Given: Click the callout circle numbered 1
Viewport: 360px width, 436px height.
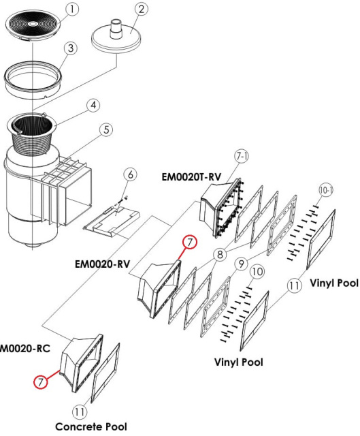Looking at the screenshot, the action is pyautogui.click(x=72, y=10).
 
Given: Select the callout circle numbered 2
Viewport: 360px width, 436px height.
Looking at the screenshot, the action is pyautogui.click(x=142, y=10).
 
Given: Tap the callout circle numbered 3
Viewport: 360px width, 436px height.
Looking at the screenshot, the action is pyautogui.click(x=71, y=48).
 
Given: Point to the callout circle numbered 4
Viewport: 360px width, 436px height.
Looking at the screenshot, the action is pyautogui.click(x=93, y=106).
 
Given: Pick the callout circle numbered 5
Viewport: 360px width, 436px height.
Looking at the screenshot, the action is pyautogui.click(x=106, y=130).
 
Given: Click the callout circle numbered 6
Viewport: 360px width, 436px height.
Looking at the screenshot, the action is pyautogui.click(x=130, y=174).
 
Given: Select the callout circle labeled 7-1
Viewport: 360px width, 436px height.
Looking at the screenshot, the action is pyautogui.click(x=242, y=157).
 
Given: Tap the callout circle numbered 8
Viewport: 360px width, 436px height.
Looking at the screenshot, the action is pyautogui.click(x=220, y=254).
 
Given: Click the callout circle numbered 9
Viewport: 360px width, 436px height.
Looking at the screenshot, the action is pyautogui.click(x=241, y=264).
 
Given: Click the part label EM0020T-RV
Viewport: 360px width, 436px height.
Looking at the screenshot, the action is pyautogui.click(x=192, y=177).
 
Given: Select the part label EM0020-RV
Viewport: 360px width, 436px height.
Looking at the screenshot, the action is pyautogui.click(x=102, y=264).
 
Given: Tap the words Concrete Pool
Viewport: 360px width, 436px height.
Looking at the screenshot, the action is pyautogui.click(x=91, y=426).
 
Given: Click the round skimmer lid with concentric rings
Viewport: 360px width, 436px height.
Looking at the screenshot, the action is pyautogui.click(x=33, y=25).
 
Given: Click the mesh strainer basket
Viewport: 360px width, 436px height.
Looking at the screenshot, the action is pyautogui.click(x=31, y=133).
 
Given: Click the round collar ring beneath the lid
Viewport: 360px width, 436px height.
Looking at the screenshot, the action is pyautogui.click(x=33, y=79).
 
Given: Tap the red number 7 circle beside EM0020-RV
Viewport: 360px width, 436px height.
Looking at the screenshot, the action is pyautogui.click(x=190, y=243).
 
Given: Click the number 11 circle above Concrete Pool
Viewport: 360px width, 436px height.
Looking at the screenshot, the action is pyautogui.click(x=80, y=411).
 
